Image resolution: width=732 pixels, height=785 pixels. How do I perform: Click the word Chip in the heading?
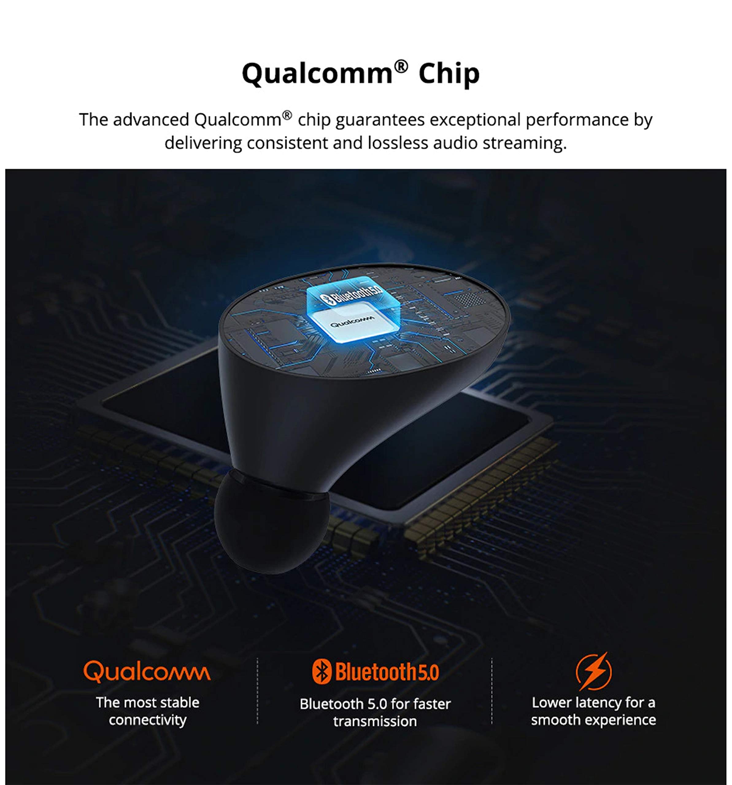[449, 74]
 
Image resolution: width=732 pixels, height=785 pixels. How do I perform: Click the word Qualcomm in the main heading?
[317, 74]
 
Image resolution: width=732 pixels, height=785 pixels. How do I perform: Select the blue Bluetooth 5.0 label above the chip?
[352, 294]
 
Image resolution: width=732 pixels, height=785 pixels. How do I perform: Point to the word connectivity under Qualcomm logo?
[147, 720]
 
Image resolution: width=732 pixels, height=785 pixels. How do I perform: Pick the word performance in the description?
[577, 120]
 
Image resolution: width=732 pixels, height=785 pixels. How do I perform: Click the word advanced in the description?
[151, 120]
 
